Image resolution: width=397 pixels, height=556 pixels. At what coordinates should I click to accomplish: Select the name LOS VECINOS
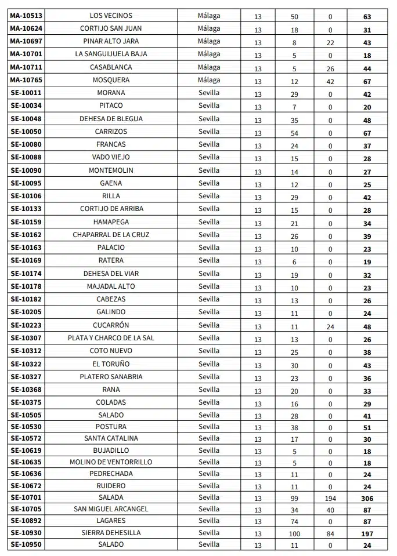click(111, 16)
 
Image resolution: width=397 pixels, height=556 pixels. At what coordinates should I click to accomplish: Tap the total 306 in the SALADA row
click(367, 499)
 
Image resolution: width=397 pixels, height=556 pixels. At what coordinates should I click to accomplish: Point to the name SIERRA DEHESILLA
click(111, 533)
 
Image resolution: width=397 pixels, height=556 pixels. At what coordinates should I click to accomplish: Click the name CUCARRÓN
click(111, 325)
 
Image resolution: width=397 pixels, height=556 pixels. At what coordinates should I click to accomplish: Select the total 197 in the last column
click(367, 534)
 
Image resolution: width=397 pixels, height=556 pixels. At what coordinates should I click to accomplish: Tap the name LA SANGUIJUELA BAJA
click(111, 54)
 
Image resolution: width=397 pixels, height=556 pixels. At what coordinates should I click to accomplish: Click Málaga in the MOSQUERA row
click(209, 79)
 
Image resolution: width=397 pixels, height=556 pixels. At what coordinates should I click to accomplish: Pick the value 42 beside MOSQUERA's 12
click(330, 82)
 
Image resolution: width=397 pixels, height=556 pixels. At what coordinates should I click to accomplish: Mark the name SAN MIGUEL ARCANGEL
click(111, 509)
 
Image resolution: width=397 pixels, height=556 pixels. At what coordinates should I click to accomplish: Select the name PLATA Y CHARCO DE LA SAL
click(111, 338)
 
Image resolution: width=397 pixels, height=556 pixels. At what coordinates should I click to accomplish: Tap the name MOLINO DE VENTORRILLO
click(111, 462)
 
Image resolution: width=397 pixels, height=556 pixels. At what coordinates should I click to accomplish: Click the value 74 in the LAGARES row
click(294, 522)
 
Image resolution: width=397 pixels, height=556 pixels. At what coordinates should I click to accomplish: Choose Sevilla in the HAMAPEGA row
click(209, 221)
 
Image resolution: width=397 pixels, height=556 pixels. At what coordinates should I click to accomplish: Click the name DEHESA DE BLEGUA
click(111, 119)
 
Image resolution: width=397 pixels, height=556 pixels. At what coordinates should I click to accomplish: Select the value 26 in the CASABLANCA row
click(330, 69)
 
